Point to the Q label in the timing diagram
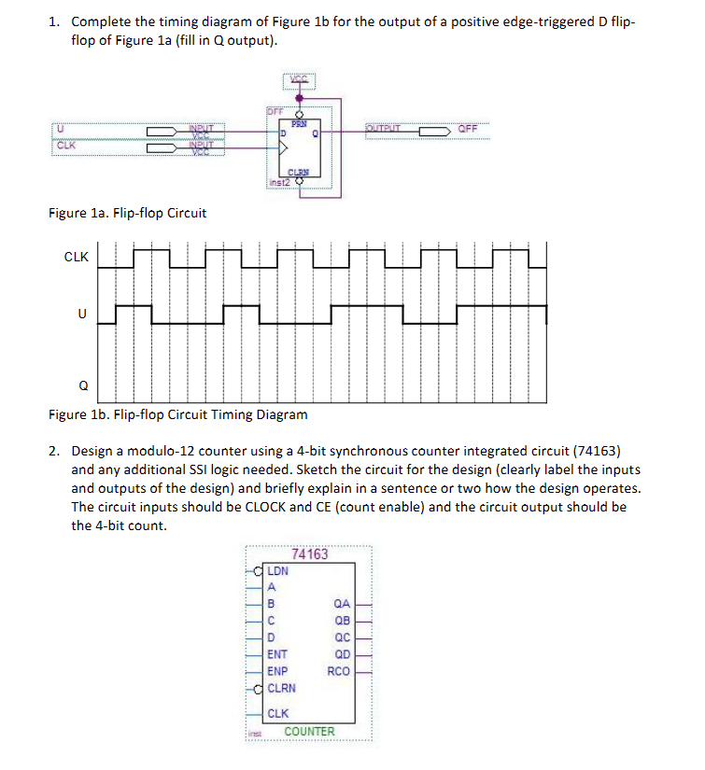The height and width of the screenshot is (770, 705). pos(83,384)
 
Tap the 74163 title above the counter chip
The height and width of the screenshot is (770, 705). pos(310,553)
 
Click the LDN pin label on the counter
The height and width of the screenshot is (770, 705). pos(278,570)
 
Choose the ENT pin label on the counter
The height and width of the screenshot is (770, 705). pos(277,655)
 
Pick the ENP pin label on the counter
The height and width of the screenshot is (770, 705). pos(277,671)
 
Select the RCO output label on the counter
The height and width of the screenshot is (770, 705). pos(339,671)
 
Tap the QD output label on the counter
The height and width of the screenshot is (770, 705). pos(342,654)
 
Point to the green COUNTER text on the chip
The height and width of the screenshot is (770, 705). pos(309,731)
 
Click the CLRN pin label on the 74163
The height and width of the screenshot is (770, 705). pos(281,689)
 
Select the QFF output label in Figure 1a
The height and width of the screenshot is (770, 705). pos(467,129)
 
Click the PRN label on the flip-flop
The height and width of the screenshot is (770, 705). pos(300,123)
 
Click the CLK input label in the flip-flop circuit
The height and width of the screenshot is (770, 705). pos(66,146)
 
